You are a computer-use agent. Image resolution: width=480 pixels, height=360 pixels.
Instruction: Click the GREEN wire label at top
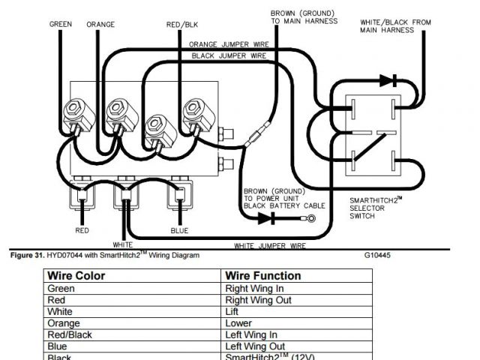point(61,24)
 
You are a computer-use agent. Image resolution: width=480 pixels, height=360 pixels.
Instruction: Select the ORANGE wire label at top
point(100,24)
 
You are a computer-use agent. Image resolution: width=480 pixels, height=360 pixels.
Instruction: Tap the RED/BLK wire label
point(177,25)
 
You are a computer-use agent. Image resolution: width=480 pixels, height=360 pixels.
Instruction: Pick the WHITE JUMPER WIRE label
point(269,245)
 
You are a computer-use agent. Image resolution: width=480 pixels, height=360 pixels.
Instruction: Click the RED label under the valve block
point(82,230)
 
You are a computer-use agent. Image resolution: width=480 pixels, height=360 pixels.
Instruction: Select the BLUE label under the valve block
point(179,230)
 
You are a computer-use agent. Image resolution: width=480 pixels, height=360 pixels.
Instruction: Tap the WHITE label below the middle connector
point(123,244)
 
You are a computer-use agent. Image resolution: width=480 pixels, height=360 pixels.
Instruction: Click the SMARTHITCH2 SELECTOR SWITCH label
point(378,208)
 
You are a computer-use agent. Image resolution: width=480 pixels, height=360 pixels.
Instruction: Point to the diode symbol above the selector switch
point(386,79)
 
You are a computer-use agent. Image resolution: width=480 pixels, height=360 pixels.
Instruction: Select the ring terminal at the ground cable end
point(308,218)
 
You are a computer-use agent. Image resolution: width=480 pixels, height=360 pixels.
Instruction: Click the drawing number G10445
point(377,255)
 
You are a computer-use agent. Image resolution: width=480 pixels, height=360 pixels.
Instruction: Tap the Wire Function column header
point(262,275)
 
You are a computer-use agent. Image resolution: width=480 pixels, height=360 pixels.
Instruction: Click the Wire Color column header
point(76,275)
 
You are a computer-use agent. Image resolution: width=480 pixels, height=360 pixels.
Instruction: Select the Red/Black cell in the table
point(70,334)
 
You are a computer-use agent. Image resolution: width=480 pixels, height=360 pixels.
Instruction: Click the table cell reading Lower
point(238,322)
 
